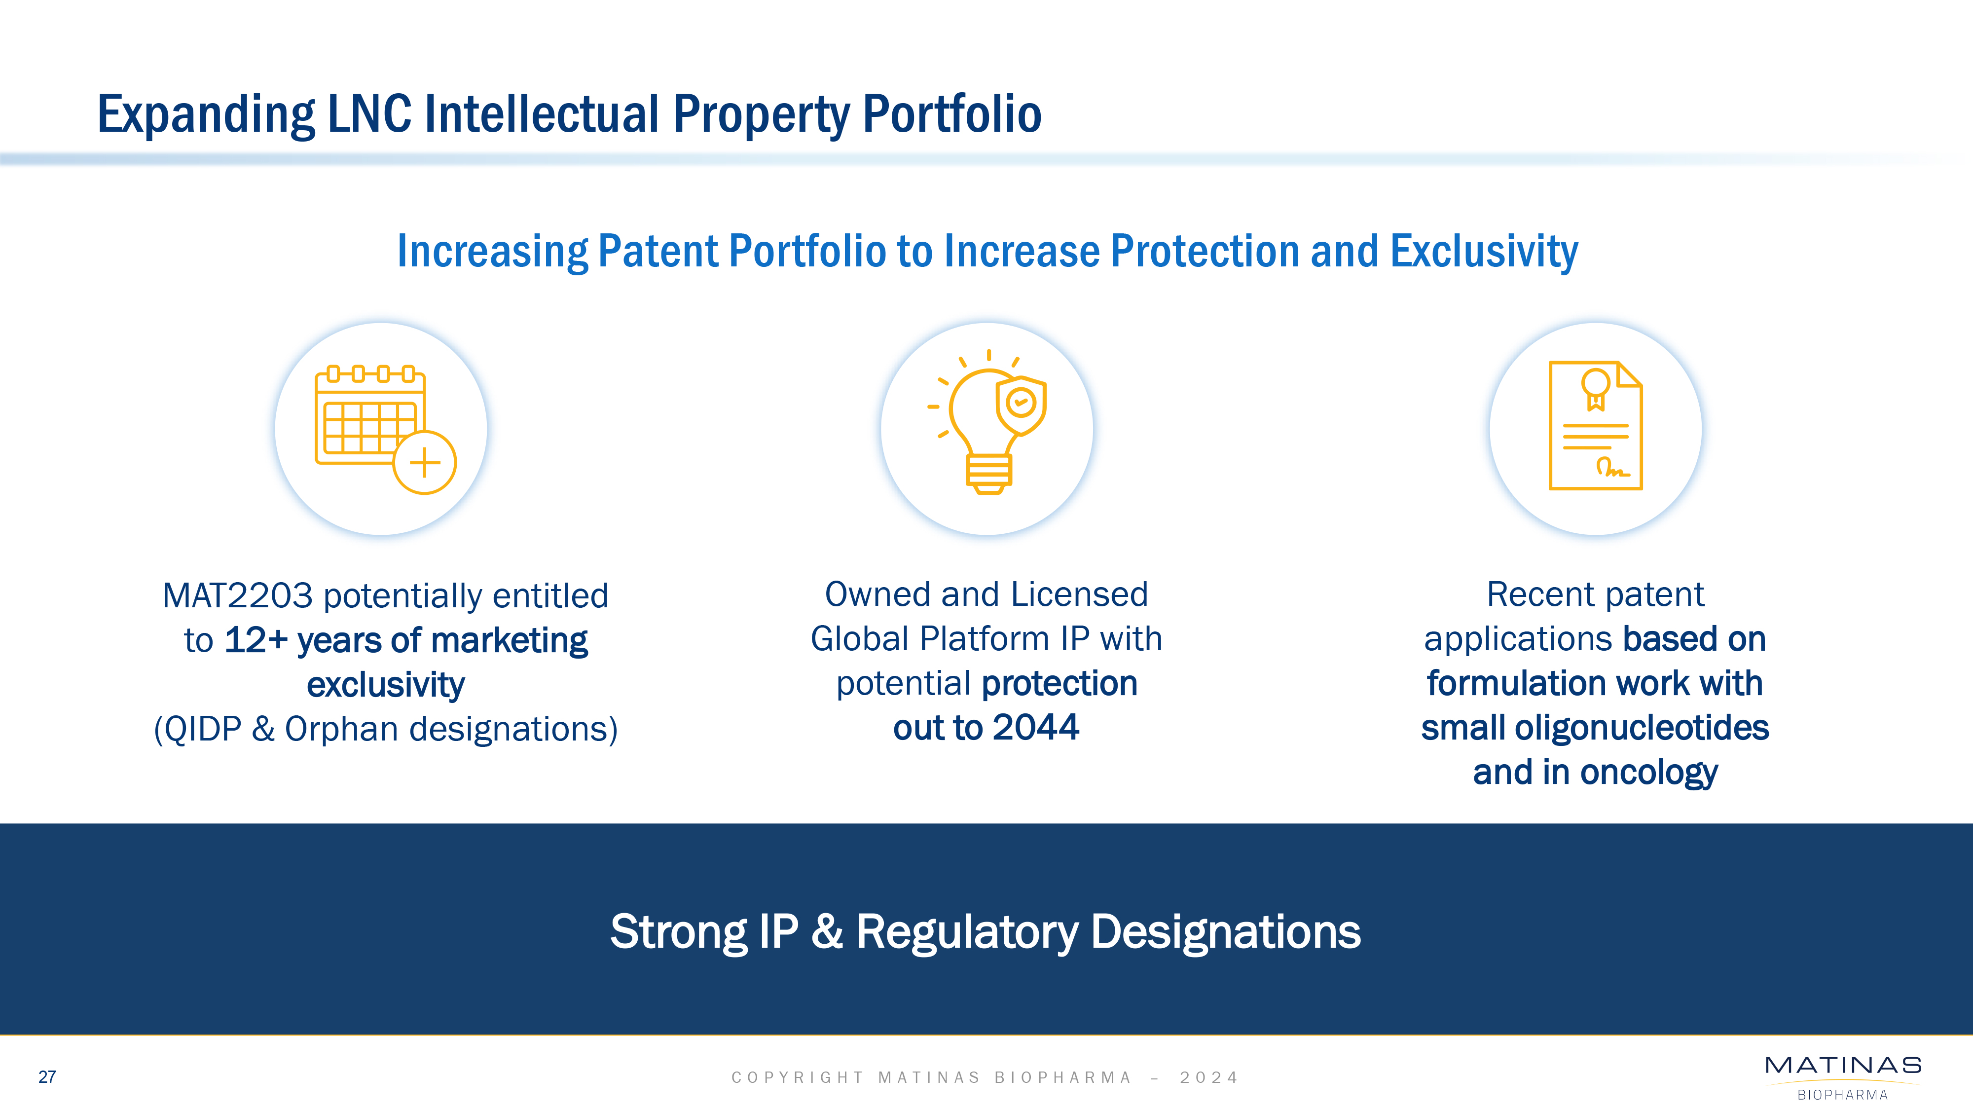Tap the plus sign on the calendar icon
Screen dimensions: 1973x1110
coord(425,463)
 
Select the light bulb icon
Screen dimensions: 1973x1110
coord(987,422)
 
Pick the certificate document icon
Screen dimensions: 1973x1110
coord(1595,425)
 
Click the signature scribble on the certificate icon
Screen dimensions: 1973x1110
coord(1612,467)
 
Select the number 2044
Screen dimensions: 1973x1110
coord(1036,728)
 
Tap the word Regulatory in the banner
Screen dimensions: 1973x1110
coord(967,933)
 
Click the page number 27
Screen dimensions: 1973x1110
coord(47,1077)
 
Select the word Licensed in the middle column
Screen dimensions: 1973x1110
coord(1080,594)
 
